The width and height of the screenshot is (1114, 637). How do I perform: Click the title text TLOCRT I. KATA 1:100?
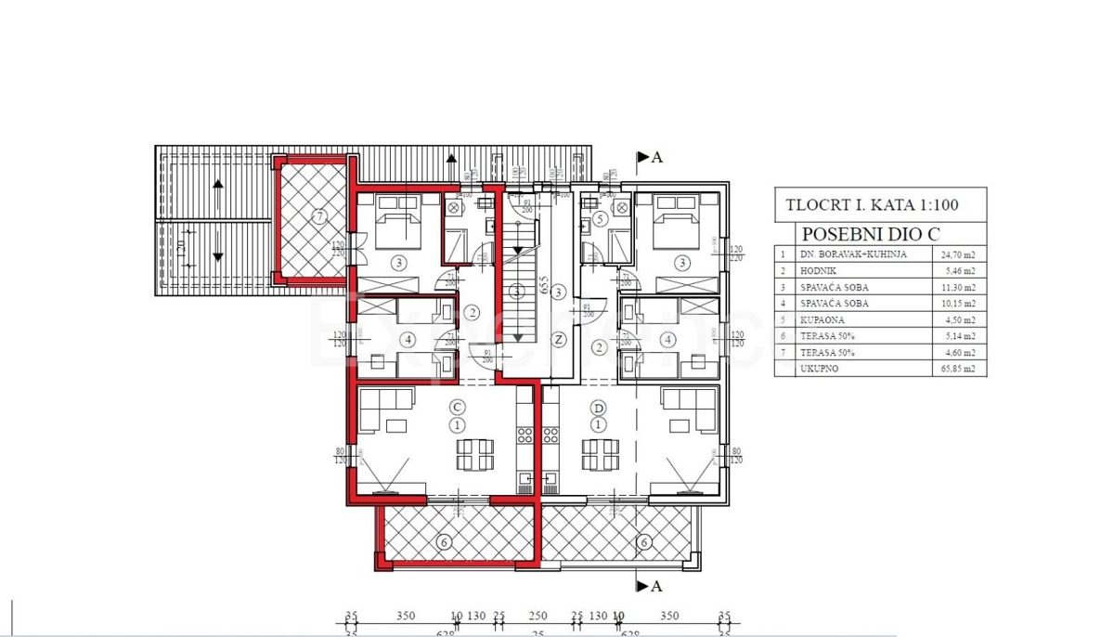871,205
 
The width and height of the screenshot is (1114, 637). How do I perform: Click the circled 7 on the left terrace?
320,217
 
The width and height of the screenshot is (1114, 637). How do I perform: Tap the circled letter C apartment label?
456,407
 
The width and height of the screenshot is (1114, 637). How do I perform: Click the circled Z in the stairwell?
559,339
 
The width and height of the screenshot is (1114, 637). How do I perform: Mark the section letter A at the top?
657,157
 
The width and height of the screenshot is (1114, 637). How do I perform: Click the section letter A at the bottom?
657,586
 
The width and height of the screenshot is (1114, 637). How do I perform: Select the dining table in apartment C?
474,454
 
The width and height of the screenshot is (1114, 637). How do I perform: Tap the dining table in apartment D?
600,454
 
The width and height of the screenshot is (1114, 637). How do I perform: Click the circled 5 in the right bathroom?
601,219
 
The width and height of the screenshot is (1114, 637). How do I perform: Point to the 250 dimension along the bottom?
539,616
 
